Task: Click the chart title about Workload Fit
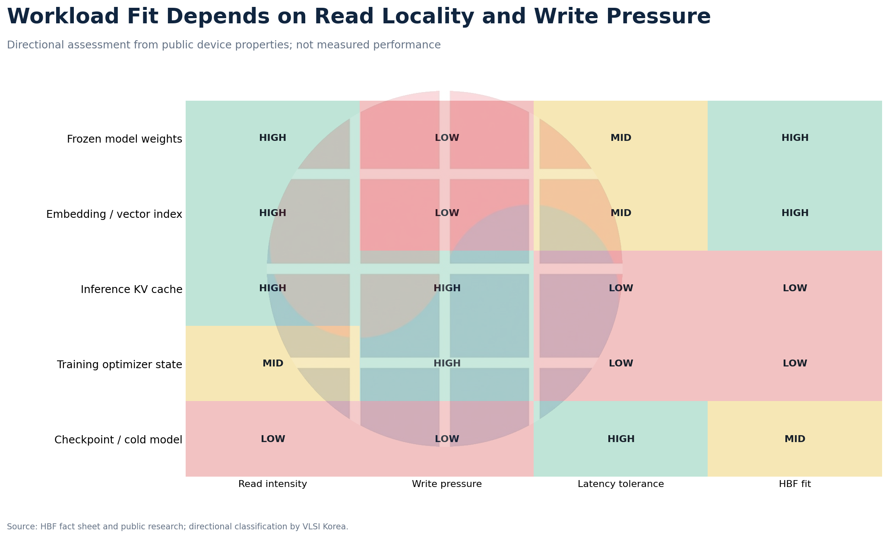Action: coord(359,17)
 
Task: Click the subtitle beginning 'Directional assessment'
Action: coord(224,45)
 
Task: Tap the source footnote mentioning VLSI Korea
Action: coord(177,527)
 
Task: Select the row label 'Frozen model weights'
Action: coord(124,139)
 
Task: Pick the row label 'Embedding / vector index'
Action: coord(114,214)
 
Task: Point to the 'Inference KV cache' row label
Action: coord(132,290)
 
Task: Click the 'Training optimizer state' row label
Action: coord(120,365)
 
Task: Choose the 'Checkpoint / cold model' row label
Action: coord(118,440)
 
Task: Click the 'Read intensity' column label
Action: coord(273,484)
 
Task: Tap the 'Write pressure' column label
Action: coord(447,484)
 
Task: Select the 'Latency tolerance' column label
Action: coord(621,484)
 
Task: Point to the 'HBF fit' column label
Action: coord(795,484)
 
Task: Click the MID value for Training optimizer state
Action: coord(273,363)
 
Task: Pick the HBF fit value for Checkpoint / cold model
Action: coord(795,439)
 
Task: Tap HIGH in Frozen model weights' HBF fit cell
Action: coord(795,138)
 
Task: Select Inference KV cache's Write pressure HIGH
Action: coord(447,288)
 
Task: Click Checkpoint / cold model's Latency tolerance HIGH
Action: coord(621,439)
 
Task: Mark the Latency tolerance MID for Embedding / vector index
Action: coord(621,213)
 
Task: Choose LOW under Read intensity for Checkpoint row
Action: coord(273,439)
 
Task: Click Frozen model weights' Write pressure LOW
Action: coord(447,138)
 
